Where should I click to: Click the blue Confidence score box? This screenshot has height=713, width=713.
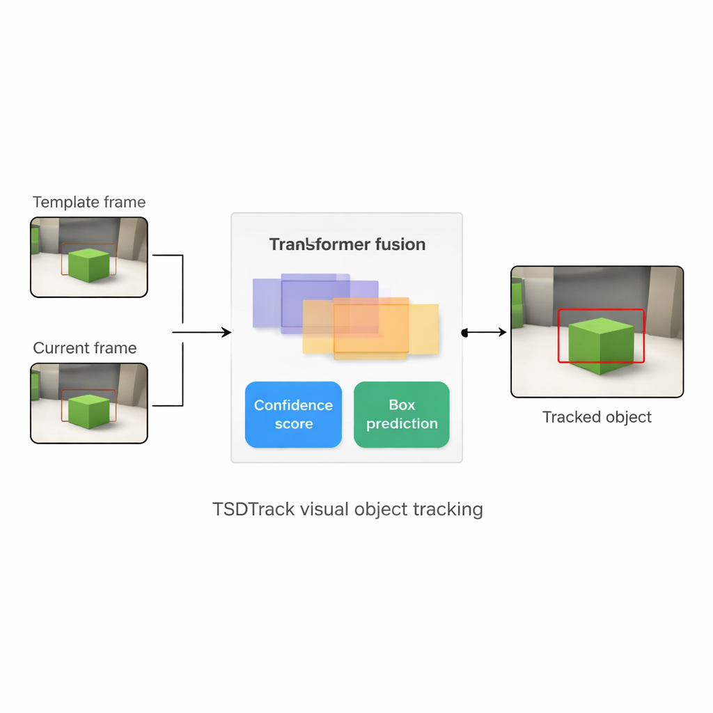293,414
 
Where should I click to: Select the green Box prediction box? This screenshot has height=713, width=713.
402,414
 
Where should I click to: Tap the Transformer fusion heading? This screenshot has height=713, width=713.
347,244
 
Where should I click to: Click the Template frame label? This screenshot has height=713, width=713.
89,203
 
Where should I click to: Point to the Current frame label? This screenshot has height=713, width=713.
85,348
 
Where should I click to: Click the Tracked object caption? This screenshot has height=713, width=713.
597,417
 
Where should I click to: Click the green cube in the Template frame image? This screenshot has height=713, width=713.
89,265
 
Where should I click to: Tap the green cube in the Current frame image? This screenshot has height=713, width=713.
90,411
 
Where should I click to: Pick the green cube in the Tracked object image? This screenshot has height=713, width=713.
601,345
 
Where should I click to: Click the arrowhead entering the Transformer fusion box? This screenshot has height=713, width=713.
226,333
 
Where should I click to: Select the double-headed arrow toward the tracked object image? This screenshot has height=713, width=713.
485,333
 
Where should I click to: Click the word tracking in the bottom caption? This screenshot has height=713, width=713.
448,509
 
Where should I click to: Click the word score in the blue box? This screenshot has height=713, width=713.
293,424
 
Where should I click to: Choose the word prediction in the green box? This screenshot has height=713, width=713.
402,424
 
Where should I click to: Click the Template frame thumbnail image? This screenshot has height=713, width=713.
89,257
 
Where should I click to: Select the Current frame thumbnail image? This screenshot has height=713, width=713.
89,403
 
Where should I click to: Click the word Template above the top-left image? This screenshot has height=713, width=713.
65,203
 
